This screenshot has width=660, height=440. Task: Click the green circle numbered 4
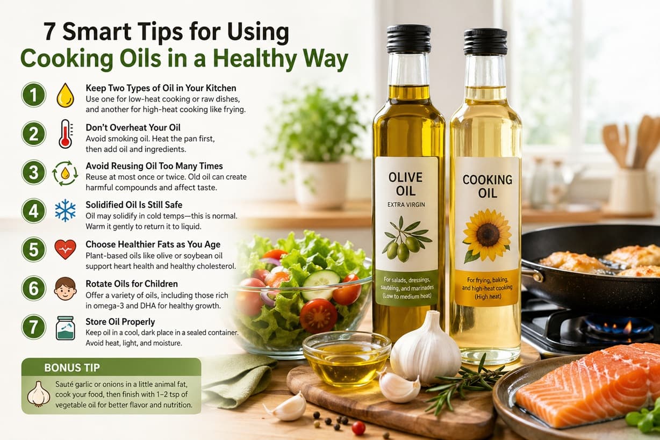(33, 211)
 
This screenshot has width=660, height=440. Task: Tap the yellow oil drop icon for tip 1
(65, 95)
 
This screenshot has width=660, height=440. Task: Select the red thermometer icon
(65, 134)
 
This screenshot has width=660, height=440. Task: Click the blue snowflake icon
(65, 211)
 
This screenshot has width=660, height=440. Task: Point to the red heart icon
(65, 249)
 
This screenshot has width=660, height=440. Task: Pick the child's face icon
(65, 288)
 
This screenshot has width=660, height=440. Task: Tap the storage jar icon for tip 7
(65, 328)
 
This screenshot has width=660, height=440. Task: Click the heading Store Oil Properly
(120, 322)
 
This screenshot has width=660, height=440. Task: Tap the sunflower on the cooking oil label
(487, 235)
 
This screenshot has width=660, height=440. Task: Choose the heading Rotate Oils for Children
(131, 283)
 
